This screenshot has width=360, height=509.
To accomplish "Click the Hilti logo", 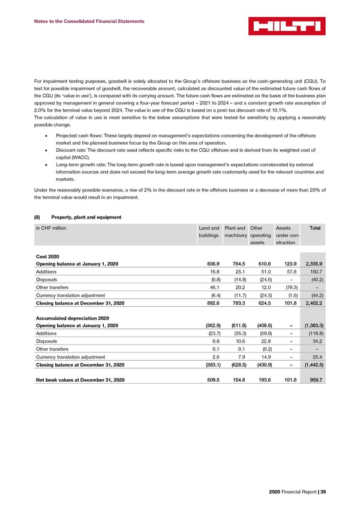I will coord(287,26).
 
